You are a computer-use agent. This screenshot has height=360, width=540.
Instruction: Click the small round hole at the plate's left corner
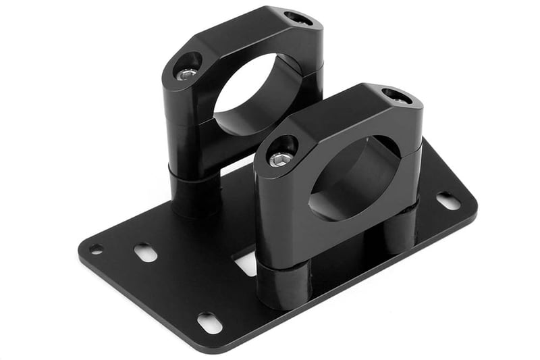[96, 249]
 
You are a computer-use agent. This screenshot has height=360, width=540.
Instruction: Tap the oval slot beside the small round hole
[145, 253]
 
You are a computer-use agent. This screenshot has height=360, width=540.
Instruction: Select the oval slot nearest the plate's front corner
[210, 323]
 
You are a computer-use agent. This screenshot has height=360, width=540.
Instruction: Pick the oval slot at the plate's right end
[448, 201]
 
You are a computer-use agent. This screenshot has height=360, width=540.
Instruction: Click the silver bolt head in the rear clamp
[187, 73]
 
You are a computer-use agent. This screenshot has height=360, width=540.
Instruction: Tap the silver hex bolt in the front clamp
[281, 159]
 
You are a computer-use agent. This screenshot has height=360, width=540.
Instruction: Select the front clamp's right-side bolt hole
[397, 96]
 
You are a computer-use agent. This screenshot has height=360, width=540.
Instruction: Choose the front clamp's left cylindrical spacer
[283, 284]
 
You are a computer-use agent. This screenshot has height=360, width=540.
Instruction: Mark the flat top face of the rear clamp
[243, 34]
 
